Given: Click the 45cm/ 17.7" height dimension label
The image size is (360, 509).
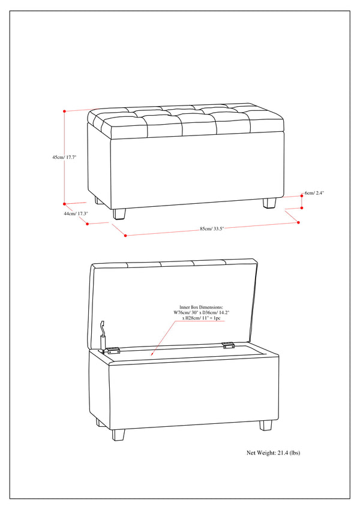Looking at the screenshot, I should [64, 157].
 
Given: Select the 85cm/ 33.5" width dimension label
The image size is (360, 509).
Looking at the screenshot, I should [212, 228].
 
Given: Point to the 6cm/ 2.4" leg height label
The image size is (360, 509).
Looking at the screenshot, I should [315, 193].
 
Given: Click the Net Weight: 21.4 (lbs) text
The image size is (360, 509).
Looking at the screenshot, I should [274, 453].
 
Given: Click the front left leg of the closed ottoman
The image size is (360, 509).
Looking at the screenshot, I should [119, 214].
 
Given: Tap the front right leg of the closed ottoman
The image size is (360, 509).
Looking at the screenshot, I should [269, 203].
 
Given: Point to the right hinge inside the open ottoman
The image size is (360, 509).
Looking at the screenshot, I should [227, 345].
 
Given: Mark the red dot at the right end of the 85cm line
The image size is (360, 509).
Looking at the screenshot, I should [298, 222].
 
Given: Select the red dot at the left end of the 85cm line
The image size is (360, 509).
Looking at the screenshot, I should [125, 236].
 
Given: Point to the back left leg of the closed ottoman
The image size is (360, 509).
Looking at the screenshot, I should [97, 200].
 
